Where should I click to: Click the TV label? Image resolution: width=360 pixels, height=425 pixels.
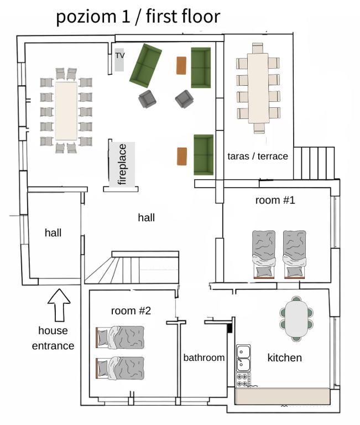120,55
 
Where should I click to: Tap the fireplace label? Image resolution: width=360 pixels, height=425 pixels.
122,164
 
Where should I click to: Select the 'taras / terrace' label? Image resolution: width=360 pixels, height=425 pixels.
258,156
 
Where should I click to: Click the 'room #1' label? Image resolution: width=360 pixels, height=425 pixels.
275,200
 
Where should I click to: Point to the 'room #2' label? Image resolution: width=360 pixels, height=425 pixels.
131,310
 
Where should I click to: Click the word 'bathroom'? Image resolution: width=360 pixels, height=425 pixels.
204,357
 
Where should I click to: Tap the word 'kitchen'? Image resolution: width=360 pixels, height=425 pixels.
284,358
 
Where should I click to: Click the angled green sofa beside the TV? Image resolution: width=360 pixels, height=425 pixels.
145,66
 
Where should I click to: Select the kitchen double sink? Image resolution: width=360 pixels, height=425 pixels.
243,359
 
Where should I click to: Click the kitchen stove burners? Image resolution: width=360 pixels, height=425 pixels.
243,380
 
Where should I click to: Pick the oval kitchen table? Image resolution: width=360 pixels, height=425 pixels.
296,319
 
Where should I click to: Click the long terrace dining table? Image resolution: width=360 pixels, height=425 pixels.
258,89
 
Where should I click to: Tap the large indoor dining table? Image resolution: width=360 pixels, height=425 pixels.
66,111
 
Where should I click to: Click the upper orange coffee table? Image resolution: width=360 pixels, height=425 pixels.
181,65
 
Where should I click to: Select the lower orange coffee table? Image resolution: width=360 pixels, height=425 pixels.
182,156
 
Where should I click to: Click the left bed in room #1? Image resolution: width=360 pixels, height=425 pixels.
264,255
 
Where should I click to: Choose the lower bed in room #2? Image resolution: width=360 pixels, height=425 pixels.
120,368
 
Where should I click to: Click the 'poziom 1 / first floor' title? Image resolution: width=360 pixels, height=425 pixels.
138,17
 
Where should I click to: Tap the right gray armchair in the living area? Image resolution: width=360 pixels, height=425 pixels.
184,99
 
